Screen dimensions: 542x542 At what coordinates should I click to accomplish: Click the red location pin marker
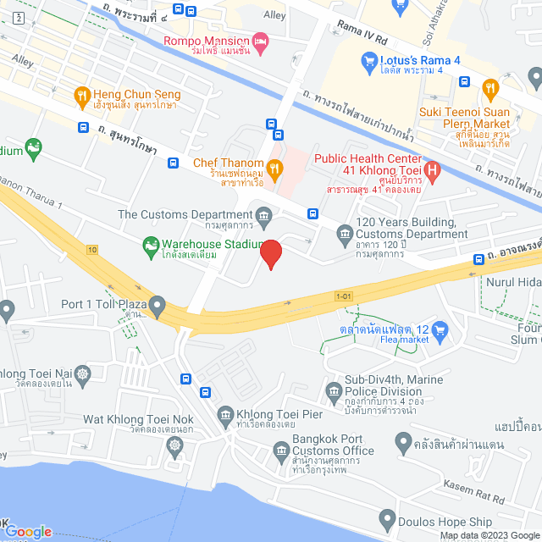(270, 253)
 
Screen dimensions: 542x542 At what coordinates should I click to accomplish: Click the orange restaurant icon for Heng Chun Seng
(82, 95)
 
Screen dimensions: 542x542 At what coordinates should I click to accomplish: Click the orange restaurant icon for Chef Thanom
(274, 166)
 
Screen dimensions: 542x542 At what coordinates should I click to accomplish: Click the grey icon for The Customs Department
(263, 215)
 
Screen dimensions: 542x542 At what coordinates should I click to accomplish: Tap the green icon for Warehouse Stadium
(150, 246)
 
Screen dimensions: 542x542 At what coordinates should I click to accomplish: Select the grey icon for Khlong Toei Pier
(224, 414)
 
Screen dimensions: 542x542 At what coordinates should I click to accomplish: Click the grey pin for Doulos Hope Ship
(387, 517)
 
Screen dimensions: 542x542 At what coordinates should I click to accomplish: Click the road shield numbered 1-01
(343, 296)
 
